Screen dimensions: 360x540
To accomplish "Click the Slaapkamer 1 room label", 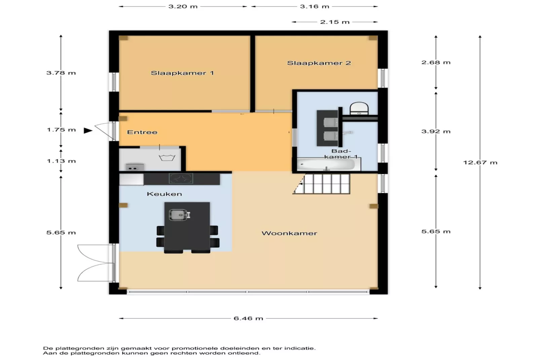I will click(x=182, y=73).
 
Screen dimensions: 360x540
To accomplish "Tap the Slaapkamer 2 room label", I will click(x=319, y=63).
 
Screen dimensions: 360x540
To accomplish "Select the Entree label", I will click(x=142, y=132).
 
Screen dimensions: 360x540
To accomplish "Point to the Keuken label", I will click(x=164, y=194).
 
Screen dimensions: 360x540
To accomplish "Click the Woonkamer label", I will click(x=289, y=233).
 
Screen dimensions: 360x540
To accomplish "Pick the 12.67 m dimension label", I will click(x=480, y=163).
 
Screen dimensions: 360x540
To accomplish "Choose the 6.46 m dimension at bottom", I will click(x=248, y=318).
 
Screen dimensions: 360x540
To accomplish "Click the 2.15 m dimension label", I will click(x=335, y=22).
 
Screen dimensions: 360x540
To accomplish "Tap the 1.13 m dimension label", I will click(x=61, y=161).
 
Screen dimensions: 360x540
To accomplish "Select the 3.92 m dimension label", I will click(x=436, y=132).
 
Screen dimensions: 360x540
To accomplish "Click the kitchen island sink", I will click(x=178, y=215).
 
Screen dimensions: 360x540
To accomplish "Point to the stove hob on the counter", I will click(x=181, y=178).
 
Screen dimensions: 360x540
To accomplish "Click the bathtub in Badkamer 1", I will click(x=326, y=165).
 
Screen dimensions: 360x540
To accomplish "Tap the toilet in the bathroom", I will click(x=359, y=108).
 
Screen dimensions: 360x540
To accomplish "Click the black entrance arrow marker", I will click(x=88, y=131).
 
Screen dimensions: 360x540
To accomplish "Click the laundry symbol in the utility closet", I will click(x=167, y=157).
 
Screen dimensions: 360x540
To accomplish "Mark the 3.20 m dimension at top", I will click(x=183, y=7).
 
